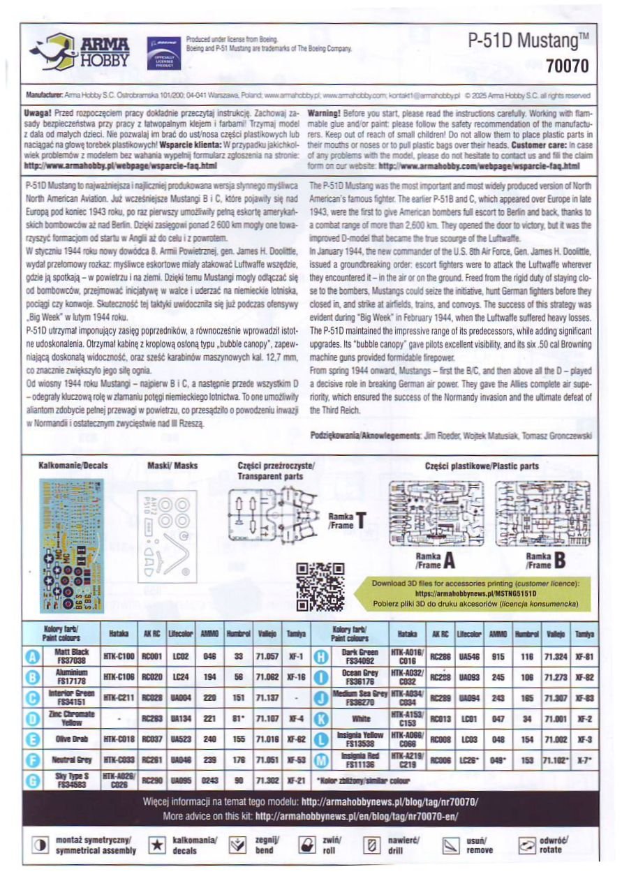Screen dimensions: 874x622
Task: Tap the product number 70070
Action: click(567, 66)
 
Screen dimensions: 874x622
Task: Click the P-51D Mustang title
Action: click(528, 40)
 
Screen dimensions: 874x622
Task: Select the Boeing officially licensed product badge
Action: click(162, 52)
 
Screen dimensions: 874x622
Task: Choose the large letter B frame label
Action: click(560, 559)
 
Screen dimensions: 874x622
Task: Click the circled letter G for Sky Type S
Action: click(31, 781)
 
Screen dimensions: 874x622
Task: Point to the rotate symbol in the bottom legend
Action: click(524, 845)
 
